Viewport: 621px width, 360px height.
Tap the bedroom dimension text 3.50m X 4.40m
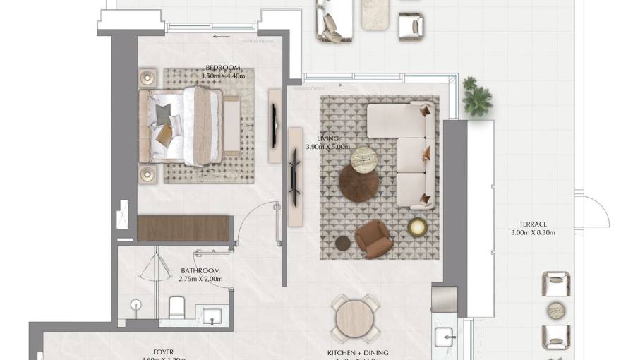(x=222, y=76)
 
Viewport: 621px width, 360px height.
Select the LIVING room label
(x=328, y=139)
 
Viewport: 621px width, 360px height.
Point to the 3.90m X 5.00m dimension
(x=328, y=147)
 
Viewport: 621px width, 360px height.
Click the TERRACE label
(x=533, y=224)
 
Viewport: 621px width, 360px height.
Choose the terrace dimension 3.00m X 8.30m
(x=533, y=232)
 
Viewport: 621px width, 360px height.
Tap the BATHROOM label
(x=200, y=270)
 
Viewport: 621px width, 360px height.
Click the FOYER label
(x=164, y=352)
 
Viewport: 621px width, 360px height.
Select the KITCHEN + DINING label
(x=357, y=352)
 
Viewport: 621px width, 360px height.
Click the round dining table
(x=354, y=318)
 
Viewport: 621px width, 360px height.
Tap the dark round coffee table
(x=358, y=184)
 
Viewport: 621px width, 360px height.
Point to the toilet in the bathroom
(x=177, y=307)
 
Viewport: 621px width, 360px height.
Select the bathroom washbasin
(x=213, y=316)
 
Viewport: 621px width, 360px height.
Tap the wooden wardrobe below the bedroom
(x=184, y=229)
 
